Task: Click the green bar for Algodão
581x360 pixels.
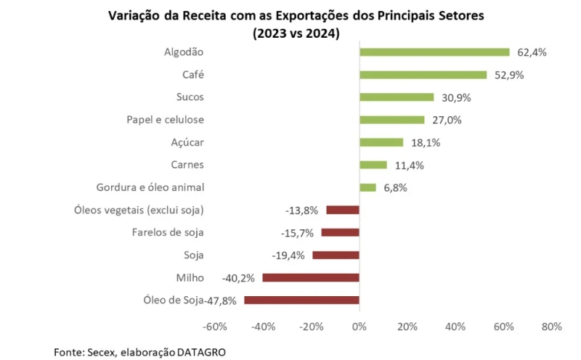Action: pos(434,52)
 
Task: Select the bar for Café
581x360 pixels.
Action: pos(423,75)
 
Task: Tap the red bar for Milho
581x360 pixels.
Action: pos(311,277)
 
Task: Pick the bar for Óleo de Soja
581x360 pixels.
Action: pos(301,300)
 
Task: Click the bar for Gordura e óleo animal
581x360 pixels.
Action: pos(367,187)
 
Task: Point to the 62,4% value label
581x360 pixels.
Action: pos(532,52)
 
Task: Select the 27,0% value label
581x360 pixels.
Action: pos(447,120)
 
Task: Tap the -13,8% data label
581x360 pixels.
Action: pos(302,210)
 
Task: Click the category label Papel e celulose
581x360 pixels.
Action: pos(166,120)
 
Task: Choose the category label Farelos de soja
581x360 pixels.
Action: pos(168,232)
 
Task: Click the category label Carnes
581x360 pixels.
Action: pos(187,165)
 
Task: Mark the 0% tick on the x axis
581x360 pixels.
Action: pos(359,327)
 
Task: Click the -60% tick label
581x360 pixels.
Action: pos(216,327)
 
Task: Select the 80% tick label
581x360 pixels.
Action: pos(551,327)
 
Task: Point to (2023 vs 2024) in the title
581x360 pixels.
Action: pos(296,33)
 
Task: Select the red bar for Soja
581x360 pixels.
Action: pos(336,255)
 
